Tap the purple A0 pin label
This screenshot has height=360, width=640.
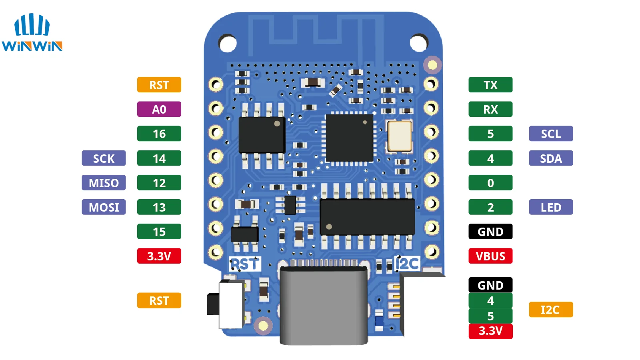pyautogui.click(x=159, y=109)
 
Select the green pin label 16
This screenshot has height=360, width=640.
pyautogui.click(x=159, y=134)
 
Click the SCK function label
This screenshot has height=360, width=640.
pyautogui.click(x=104, y=158)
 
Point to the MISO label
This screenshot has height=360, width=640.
pyautogui.click(x=104, y=183)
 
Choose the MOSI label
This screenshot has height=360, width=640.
pyautogui.click(x=104, y=207)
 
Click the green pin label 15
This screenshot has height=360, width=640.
pyautogui.click(x=159, y=232)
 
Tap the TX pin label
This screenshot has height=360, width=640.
pyautogui.click(x=490, y=85)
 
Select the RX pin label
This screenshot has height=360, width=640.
pyautogui.click(x=490, y=109)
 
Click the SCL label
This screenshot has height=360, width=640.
pyautogui.click(x=551, y=134)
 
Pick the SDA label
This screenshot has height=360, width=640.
pyautogui.click(x=551, y=158)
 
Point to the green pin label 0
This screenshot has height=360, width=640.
pyautogui.click(x=490, y=183)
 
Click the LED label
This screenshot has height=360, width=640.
pyautogui.click(x=551, y=207)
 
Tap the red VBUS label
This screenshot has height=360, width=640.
pyautogui.click(x=490, y=256)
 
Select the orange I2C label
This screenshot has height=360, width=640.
pyautogui.click(x=551, y=310)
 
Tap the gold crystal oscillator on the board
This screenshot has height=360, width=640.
pyautogui.click(x=399, y=136)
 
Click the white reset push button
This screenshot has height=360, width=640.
pyautogui.click(x=231, y=304)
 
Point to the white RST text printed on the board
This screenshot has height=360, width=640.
pyautogui.click(x=245, y=264)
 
